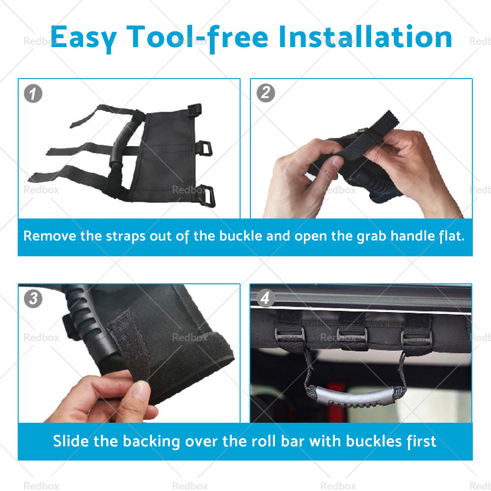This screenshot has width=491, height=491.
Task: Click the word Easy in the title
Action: coord(83,38)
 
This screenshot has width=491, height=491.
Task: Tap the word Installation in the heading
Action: coord(365,37)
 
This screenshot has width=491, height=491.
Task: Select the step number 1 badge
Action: coord(33,93)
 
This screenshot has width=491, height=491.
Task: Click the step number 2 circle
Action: coord(266,93)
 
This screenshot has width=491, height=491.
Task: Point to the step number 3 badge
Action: coord(33,299)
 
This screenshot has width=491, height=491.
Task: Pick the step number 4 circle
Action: coord(266,298)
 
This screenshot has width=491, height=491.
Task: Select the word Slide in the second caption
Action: coord(71,441)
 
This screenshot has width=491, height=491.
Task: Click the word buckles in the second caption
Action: coord(374,441)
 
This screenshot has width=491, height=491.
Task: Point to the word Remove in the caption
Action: coord(50,236)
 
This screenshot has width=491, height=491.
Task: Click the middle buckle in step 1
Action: coord(204,148)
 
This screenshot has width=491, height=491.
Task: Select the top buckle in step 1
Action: coord(194,110)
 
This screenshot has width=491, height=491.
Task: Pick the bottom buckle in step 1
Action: coord(207,196)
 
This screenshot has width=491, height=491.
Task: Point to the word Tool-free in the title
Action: coord(197,38)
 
